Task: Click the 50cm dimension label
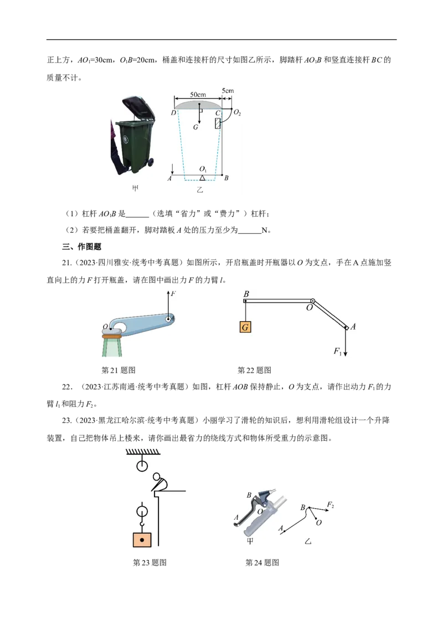[x=198, y=95]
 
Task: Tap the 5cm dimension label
[x=228, y=91]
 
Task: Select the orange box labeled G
[x=245, y=327]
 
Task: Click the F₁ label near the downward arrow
[x=337, y=351]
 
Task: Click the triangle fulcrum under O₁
[x=202, y=178]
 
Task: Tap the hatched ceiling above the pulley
[x=143, y=452]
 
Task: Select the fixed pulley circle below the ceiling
[x=142, y=466]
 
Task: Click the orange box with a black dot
[x=142, y=540]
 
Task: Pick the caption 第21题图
[x=119, y=370]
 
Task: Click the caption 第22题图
[x=254, y=370]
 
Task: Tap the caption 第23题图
[x=150, y=562]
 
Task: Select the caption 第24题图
[x=262, y=562]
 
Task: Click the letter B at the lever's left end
[x=246, y=294]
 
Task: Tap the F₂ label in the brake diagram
[x=330, y=505]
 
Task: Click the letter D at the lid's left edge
[x=173, y=113]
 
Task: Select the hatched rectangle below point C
[x=218, y=123]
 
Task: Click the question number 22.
[x=68, y=387]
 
